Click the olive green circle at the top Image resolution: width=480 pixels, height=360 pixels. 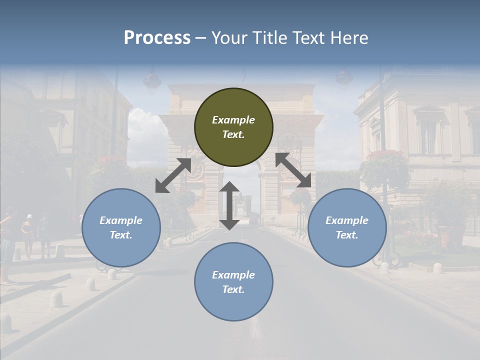(233, 127)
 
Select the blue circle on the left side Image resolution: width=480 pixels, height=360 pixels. (121, 227)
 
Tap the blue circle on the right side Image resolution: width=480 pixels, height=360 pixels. (347, 227)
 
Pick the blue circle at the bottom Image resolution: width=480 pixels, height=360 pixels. (233, 282)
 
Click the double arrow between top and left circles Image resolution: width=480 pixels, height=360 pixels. (173, 175)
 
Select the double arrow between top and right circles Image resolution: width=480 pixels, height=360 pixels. (293, 170)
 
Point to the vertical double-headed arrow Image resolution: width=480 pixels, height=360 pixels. (229, 205)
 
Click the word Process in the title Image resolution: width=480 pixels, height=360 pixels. (157, 37)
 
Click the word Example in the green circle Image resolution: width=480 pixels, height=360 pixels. (233, 120)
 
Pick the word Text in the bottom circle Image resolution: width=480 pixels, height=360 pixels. (233, 289)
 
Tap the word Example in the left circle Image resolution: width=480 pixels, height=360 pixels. (121, 220)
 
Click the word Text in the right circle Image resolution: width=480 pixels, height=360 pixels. (347, 235)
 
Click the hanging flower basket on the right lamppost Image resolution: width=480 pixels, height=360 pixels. (385, 168)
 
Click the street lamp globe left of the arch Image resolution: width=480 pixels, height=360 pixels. (152, 80)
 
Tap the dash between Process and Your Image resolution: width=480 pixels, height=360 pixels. (200, 38)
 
